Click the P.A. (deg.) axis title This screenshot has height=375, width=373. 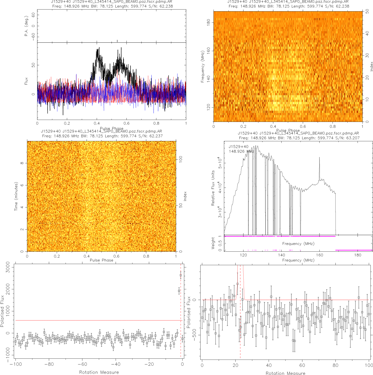click(x=26, y=26)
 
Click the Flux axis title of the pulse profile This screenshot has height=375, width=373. click(x=26, y=81)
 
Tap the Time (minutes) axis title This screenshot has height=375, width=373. click(x=16, y=196)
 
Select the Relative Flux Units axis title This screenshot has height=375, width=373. click(x=213, y=188)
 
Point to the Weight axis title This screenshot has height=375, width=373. click(x=213, y=243)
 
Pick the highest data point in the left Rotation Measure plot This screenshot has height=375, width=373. click(x=181, y=275)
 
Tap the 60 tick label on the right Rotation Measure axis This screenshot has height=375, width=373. click(x=302, y=365)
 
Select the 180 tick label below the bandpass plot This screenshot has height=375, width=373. click(x=358, y=255)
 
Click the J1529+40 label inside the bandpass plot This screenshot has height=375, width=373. click(x=239, y=147)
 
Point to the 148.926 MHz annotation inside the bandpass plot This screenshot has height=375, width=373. click(x=241, y=151)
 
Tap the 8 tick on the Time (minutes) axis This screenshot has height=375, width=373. click(x=22, y=163)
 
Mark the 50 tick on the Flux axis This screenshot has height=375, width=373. click(x=33, y=65)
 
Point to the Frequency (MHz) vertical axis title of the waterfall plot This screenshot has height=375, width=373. click(x=203, y=67)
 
